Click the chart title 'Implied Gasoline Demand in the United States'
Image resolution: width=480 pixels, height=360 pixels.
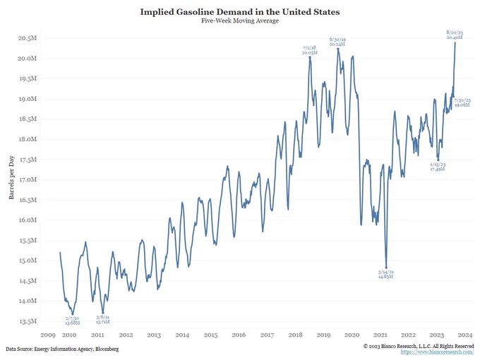(240, 12)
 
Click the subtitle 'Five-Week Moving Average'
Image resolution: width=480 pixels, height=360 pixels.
(240, 21)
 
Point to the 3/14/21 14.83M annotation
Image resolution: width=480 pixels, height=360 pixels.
(385, 274)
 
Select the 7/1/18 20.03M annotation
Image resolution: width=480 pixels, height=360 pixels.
(309, 49)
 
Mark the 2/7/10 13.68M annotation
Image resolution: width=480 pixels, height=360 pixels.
(72, 320)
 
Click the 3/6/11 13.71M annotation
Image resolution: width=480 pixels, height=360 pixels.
(103, 319)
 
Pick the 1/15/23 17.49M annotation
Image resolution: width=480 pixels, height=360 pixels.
(438, 167)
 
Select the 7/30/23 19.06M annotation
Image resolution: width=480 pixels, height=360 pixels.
(462, 103)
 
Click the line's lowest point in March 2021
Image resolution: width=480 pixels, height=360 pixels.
(386, 267)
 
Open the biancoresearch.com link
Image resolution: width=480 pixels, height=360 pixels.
(436, 352)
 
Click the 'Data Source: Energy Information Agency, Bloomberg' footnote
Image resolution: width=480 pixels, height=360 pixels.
(62, 349)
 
